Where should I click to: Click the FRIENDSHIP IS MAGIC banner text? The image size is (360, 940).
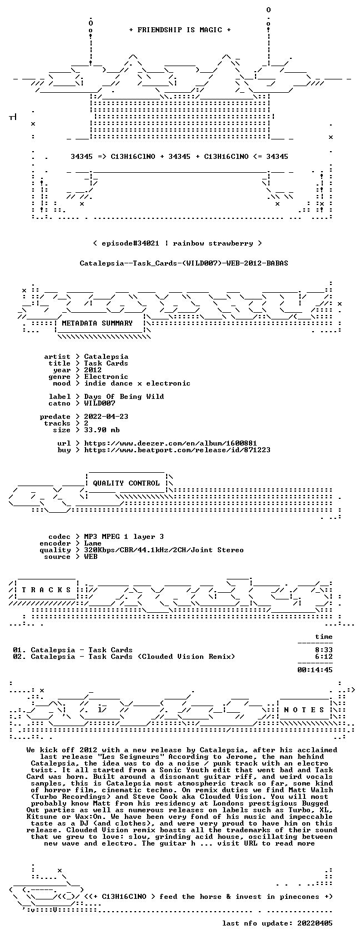click(180, 30)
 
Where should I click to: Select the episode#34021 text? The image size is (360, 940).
click(131, 243)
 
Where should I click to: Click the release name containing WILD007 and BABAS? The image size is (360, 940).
click(184, 263)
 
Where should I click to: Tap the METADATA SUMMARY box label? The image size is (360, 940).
click(97, 323)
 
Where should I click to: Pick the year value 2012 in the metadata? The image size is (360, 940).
click(93, 370)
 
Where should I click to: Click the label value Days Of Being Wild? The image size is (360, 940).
click(124, 397)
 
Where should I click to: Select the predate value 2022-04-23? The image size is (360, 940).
click(106, 417)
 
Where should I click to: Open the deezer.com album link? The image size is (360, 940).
click(171, 443)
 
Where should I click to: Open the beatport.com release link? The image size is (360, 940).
click(177, 450)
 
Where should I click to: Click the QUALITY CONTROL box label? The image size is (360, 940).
click(126, 483)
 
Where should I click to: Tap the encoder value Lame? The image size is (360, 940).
click(93, 543)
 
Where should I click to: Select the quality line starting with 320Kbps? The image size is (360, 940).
click(164, 550)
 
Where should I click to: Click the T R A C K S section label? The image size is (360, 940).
click(47, 590)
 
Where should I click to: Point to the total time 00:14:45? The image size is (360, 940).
click(314, 670)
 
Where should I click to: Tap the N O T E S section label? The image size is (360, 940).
click(304, 710)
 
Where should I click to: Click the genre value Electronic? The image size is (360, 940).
click(106, 377)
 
